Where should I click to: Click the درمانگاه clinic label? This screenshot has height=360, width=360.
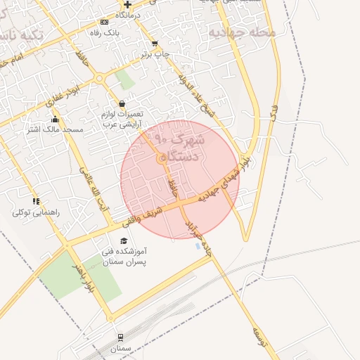pyautogui.click(x=128, y=15)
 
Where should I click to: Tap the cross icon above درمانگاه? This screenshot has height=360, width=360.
pyautogui.click(x=127, y=4)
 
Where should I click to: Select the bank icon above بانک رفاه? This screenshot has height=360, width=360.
pyautogui.click(x=105, y=22)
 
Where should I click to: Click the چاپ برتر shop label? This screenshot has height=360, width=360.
pyautogui.click(x=156, y=53)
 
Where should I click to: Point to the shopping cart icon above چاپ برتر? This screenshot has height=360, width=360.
pyautogui.click(x=155, y=44)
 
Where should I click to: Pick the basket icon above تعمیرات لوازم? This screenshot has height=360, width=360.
pyautogui.click(x=122, y=103)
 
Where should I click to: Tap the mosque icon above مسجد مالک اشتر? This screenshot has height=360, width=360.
pyautogui.click(x=55, y=120)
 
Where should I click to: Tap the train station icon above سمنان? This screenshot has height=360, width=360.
pyautogui.click(x=120, y=337)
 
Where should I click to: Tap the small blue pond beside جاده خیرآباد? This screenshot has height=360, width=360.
pyautogui.click(x=195, y=246)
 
